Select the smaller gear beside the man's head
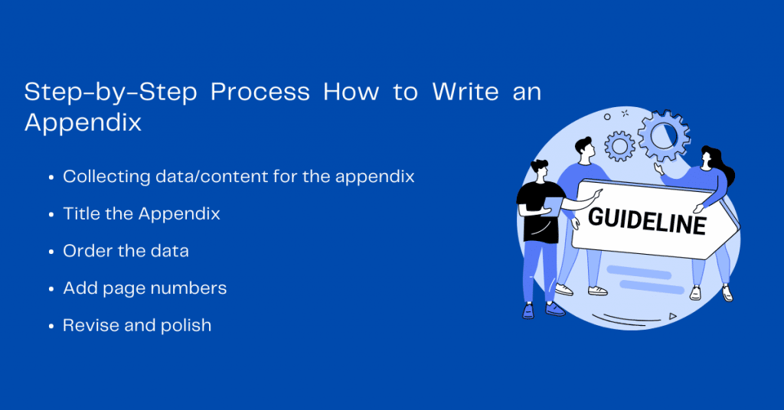pyautogui.click(x=620, y=146)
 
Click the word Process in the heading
pyautogui.click(x=260, y=93)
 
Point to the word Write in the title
pyautogui.click(x=465, y=92)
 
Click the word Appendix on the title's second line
pyautogui.click(x=83, y=123)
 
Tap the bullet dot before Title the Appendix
pyautogui.click(x=51, y=215)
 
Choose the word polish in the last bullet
pyautogui.click(x=186, y=326)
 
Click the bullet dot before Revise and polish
pyautogui.click(x=51, y=327)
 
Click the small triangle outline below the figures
pyautogui.click(x=672, y=316)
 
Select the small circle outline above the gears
pyautogui.click(x=607, y=117)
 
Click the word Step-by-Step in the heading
pyautogui.click(x=110, y=93)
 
